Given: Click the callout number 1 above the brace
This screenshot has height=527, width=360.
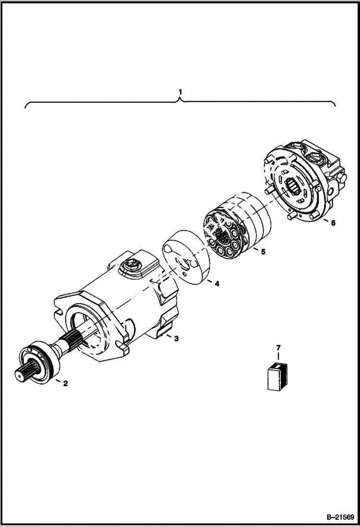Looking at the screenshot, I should [180, 91].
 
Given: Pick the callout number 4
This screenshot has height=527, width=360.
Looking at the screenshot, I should [217, 284].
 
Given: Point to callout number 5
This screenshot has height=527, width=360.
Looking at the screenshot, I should [263, 251].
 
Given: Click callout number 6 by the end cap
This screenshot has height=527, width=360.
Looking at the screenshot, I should [333, 222].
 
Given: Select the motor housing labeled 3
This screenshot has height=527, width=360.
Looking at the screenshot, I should [120, 307].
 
